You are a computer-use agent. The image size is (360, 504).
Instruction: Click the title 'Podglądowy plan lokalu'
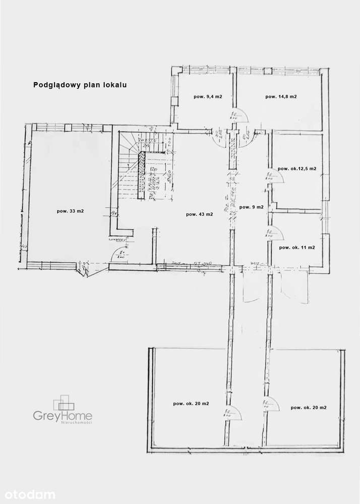point(80,85)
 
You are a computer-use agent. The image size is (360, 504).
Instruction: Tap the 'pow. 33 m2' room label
point(70,211)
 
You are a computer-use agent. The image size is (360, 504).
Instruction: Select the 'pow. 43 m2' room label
point(199,214)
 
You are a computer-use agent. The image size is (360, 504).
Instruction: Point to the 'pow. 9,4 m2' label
point(207,96)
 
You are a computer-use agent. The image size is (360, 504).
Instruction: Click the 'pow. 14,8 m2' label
point(281,96)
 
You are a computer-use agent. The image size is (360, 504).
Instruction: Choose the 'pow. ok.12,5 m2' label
point(296,169)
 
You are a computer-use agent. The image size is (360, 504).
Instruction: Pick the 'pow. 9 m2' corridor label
point(252,207)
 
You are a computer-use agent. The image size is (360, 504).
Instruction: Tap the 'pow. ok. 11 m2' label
point(297,247)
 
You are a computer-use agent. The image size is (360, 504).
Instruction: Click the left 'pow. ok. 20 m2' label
point(191,403)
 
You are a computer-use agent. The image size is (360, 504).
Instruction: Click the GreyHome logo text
point(63,416)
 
